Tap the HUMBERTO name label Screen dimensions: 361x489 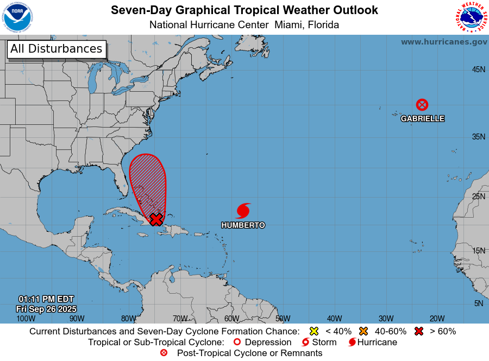(243, 225)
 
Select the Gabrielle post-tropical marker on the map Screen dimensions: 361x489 (422, 105)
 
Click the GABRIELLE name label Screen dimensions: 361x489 (422, 118)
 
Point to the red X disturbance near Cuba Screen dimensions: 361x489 (156, 219)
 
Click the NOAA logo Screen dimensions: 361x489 (17, 17)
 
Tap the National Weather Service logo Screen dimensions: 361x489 (471, 17)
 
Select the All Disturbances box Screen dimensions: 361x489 (56, 49)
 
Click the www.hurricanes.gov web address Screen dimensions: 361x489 (444, 42)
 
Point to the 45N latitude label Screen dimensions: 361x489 (478, 69)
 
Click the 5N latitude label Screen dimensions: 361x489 (479, 303)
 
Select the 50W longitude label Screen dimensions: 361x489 (283, 319)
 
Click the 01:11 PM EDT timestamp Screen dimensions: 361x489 (46, 299)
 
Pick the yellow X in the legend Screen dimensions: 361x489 (314, 331)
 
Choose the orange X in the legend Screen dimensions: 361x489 (363, 331)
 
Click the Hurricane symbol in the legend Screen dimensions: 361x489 (352, 342)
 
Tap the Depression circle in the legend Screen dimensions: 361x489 (236, 342)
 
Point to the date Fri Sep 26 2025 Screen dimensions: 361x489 (46, 308)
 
